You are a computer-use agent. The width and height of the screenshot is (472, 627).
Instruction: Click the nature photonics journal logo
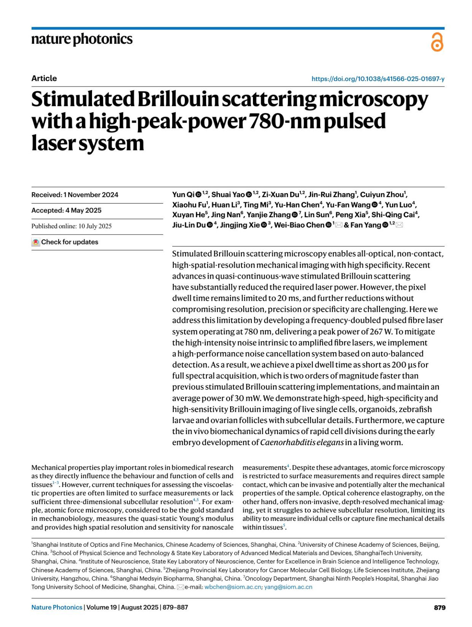[x=82, y=39]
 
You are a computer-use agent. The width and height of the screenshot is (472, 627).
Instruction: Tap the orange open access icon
[x=437, y=42]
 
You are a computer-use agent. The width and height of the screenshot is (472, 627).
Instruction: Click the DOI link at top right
[x=378, y=79]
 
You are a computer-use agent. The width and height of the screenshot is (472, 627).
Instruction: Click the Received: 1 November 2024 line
[x=75, y=195]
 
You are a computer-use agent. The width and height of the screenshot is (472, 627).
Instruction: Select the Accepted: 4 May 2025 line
[x=66, y=211]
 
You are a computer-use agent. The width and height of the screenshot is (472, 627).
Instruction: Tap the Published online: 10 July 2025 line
[x=72, y=226]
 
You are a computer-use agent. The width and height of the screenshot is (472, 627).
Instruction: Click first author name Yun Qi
[x=183, y=194]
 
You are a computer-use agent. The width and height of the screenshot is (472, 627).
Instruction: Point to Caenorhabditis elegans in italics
[x=302, y=442]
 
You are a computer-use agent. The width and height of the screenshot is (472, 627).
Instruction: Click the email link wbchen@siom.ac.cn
[x=232, y=587]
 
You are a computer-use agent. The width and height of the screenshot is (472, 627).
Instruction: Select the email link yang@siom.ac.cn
[x=288, y=587]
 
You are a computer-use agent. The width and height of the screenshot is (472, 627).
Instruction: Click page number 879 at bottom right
[x=439, y=607]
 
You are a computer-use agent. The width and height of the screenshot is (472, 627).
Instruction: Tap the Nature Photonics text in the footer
[x=57, y=607]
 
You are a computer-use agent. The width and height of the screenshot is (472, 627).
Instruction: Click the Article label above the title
[x=44, y=78]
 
